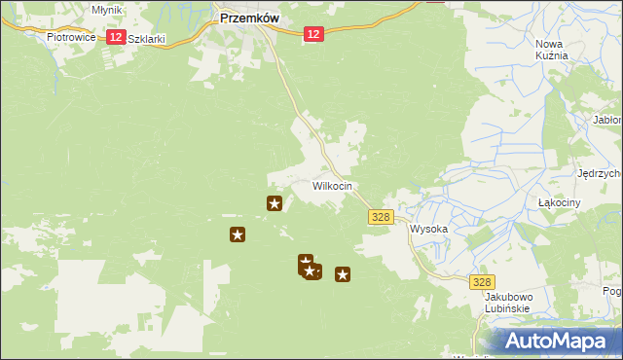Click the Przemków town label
[250, 17]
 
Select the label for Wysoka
[428, 230]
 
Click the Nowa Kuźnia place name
[551, 50]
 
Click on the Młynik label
[106, 9]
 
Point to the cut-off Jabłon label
[606, 121]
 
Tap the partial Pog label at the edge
[612, 291]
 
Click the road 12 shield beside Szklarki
[115, 36]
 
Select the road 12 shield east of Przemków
[311, 34]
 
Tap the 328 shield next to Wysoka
[382, 218]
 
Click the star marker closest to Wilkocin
[275, 203]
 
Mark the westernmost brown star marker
[237, 234]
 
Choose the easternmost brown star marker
[343, 274]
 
